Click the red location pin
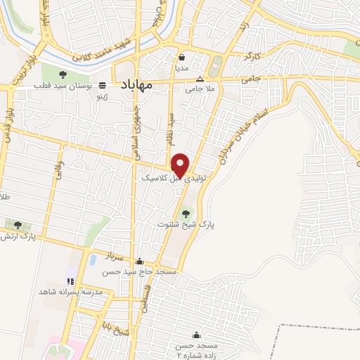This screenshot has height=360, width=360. (181, 165)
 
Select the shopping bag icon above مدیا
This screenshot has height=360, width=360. (182, 58)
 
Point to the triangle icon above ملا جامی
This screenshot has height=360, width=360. (200, 79)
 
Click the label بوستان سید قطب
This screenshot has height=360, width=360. (64, 86)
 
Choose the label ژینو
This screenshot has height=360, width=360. (102, 94)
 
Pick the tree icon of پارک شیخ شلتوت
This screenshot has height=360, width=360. (186, 213)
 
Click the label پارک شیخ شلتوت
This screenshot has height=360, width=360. (186, 224)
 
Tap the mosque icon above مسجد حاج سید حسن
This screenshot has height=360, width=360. (139, 261)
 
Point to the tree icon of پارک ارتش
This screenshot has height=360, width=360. (18, 225)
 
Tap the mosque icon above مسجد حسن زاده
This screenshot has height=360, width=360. (196, 335)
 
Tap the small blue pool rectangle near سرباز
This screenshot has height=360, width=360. (93, 259)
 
